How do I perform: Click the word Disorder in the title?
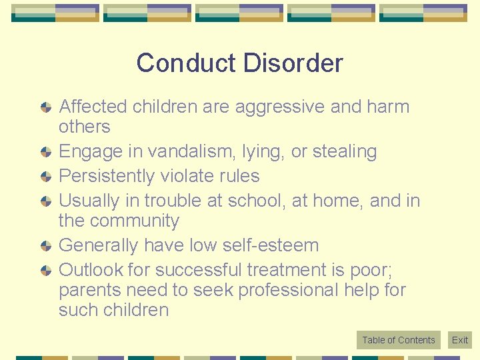(293, 63)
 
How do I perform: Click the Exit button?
(460, 340)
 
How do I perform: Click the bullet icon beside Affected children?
(45, 107)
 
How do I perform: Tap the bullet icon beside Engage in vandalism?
(45, 152)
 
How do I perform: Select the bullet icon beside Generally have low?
(45, 246)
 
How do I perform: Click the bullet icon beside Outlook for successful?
(45, 271)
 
